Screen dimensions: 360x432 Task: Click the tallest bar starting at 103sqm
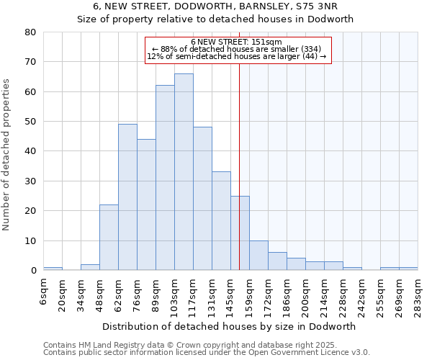click(184, 172)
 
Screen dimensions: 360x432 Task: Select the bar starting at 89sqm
click(165, 178)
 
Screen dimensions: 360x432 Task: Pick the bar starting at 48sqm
click(109, 238)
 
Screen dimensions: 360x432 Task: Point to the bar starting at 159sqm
click(258, 256)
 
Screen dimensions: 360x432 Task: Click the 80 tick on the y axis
click(30, 32)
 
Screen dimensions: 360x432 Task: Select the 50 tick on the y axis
click(30, 122)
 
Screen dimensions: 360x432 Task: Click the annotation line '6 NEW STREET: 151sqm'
click(237, 42)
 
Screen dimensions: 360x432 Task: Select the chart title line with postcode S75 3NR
click(215, 6)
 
